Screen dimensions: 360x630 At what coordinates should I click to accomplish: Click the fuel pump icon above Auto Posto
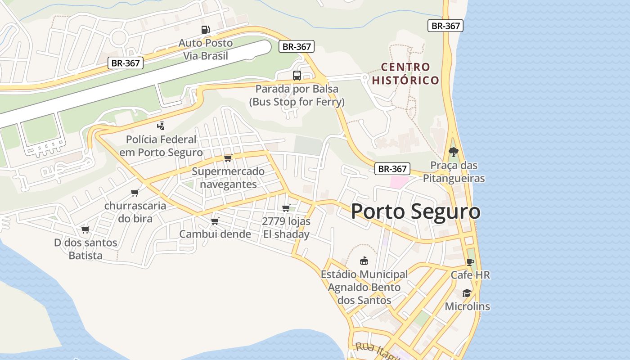205,30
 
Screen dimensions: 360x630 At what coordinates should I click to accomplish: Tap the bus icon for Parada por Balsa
297,75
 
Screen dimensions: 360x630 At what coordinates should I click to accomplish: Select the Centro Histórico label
405,74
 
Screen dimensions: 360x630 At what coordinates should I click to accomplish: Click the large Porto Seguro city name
415,211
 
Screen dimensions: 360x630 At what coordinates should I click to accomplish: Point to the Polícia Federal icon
161,126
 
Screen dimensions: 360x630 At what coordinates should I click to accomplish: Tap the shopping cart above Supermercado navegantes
228,158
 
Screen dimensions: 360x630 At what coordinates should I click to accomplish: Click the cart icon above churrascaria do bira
135,193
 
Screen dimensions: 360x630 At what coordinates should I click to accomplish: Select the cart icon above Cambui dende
215,221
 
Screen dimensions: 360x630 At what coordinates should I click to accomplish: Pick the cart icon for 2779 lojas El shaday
286,208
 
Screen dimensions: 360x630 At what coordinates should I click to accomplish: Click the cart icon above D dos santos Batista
85,230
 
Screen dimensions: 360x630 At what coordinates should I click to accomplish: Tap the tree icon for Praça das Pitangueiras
453,152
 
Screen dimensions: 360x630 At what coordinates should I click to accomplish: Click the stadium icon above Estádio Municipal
364,261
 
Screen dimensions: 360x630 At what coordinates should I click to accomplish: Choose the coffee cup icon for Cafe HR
470,262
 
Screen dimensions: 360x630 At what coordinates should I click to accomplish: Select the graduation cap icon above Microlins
467,293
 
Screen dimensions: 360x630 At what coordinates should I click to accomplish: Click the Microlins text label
467,306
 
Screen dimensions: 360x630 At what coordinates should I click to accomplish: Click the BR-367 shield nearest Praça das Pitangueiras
392,169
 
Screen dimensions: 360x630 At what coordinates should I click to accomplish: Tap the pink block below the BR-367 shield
399,182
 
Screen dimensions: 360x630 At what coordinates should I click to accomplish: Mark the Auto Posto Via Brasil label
206,49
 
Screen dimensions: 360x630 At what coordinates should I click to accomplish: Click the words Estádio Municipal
364,274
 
